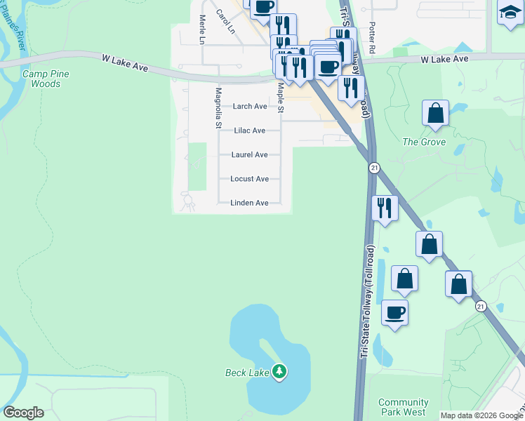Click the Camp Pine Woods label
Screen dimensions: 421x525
coord(41,79)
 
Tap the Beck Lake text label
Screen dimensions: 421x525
coord(246,373)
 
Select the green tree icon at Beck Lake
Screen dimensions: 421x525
coord(279,370)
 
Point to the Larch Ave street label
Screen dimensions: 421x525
coord(250,107)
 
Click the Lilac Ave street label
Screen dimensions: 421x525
coord(250,131)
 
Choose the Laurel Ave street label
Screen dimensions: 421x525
coord(250,155)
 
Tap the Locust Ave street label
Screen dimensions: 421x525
coord(250,179)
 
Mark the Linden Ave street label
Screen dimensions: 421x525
coord(250,203)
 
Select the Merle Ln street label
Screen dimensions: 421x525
coord(201,30)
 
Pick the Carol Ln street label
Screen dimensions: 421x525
coord(225,22)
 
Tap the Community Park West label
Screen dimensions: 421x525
coord(403,408)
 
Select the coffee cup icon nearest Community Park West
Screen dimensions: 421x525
coord(395,312)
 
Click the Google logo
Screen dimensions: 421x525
coord(23,413)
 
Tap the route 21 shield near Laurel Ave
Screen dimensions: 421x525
coord(374,167)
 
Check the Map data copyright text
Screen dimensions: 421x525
coord(481,415)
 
